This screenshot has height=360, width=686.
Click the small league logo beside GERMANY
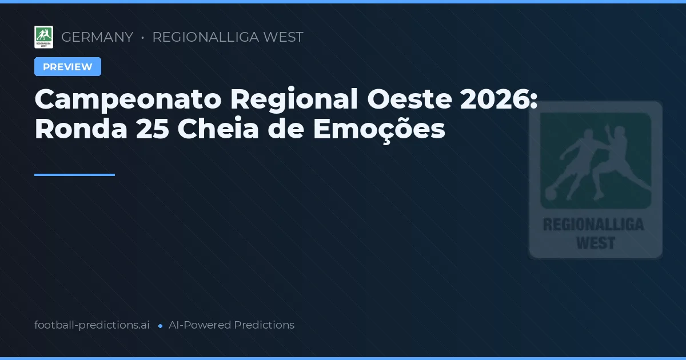pyautogui.click(x=43, y=37)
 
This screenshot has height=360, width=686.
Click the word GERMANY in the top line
pyautogui.click(x=97, y=37)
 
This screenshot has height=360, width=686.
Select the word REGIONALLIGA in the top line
pyautogui.click(x=205, y=37)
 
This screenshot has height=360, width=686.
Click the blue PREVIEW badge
pyautogui.click(x=67, y=67)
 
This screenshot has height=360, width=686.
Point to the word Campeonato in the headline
pyautogui.click(x=127, y=100)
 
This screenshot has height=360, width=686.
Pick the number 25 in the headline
pyautogui.click(x=152, y=130)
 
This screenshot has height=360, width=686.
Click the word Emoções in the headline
pyautogui.click(x=378, y=130)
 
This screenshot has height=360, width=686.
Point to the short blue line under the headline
pyautogui.click(x=74, y=175)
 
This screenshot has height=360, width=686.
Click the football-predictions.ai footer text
pyautogui.click(x=92, y=325)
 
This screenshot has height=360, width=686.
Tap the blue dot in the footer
pyautogui.click(x=160, y=326)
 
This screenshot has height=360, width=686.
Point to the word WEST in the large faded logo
pyautogui.click(x=595, y=243)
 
